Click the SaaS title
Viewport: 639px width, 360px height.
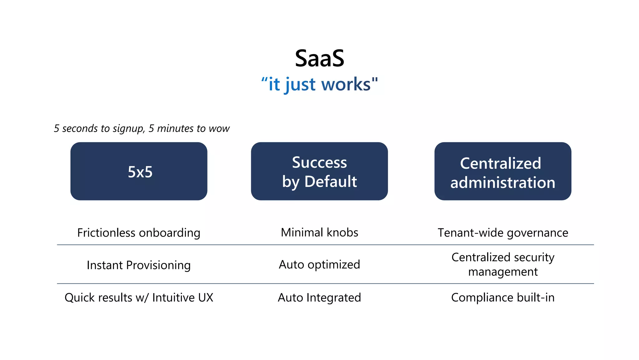tap(319, 58)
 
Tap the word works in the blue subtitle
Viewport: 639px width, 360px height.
tap(346, 84)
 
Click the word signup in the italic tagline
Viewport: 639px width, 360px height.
tap(128, 128)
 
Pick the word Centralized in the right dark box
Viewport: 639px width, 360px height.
tap(500, 163)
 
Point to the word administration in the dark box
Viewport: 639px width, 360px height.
tap(503, 182)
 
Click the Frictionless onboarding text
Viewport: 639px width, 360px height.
tap(139, 233)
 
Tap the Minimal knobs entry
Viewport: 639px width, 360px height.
tap(319, 232)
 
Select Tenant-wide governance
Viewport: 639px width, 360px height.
tap(503, 233)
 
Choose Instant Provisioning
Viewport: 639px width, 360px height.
tap(139, 265)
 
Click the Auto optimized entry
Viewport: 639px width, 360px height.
tap(319, 265)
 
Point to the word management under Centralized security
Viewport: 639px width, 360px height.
tap(503, 272)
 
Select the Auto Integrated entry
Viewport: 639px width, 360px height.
tap(319, 297)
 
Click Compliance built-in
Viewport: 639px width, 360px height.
tap(503, 297)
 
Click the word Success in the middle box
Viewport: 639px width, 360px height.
tap(319, 162)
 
